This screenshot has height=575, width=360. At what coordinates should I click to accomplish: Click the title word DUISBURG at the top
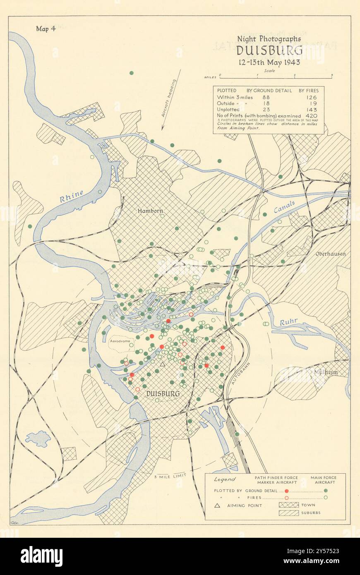point(269,51)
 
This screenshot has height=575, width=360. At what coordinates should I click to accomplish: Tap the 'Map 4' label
point(46,29)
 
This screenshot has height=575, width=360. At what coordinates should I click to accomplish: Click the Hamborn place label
point(150,211)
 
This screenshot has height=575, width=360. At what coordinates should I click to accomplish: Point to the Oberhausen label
point(330,254)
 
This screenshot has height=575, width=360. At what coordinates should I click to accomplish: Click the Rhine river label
point(71,196)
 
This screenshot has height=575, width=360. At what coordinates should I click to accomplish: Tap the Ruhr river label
point(288,322)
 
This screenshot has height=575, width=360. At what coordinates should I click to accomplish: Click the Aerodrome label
point(120,342)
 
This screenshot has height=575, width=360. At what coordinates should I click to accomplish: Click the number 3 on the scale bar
point(332,75)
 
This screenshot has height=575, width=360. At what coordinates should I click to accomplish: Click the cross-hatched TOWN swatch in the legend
point(289,505)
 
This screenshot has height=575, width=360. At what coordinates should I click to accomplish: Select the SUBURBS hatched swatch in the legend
point(289,513)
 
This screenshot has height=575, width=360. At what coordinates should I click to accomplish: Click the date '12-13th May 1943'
point(269,63)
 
